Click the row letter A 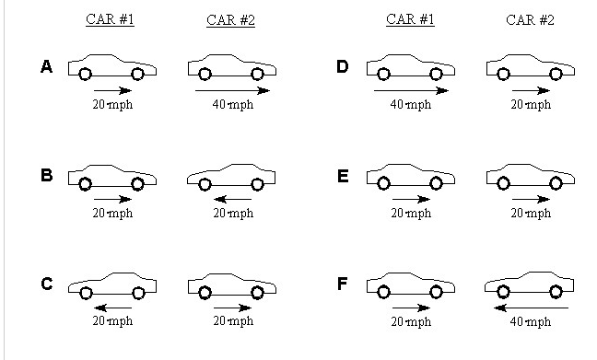point(46,66)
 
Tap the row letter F point(343,283)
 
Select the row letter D point(343,66)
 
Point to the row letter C point(46,283)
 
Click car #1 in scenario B point(111,178)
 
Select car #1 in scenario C point(111,285)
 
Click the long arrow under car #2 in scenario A point(232,90)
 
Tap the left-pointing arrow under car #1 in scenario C point(112,308)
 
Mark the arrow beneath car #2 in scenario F point(531,308)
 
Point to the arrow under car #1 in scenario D point(410,90)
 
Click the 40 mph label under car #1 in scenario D point(411,105)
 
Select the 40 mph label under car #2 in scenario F point(531,322)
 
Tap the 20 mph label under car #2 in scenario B point(232,214)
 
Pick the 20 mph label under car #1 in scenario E point(411,214)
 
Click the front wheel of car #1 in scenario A point(137,75)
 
